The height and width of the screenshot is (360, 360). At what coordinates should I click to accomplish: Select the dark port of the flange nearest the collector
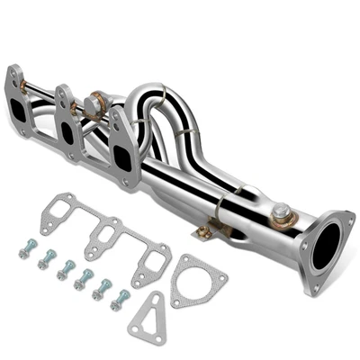point(122,153)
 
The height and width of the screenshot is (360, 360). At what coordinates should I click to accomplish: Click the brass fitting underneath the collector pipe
point(206,231)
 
